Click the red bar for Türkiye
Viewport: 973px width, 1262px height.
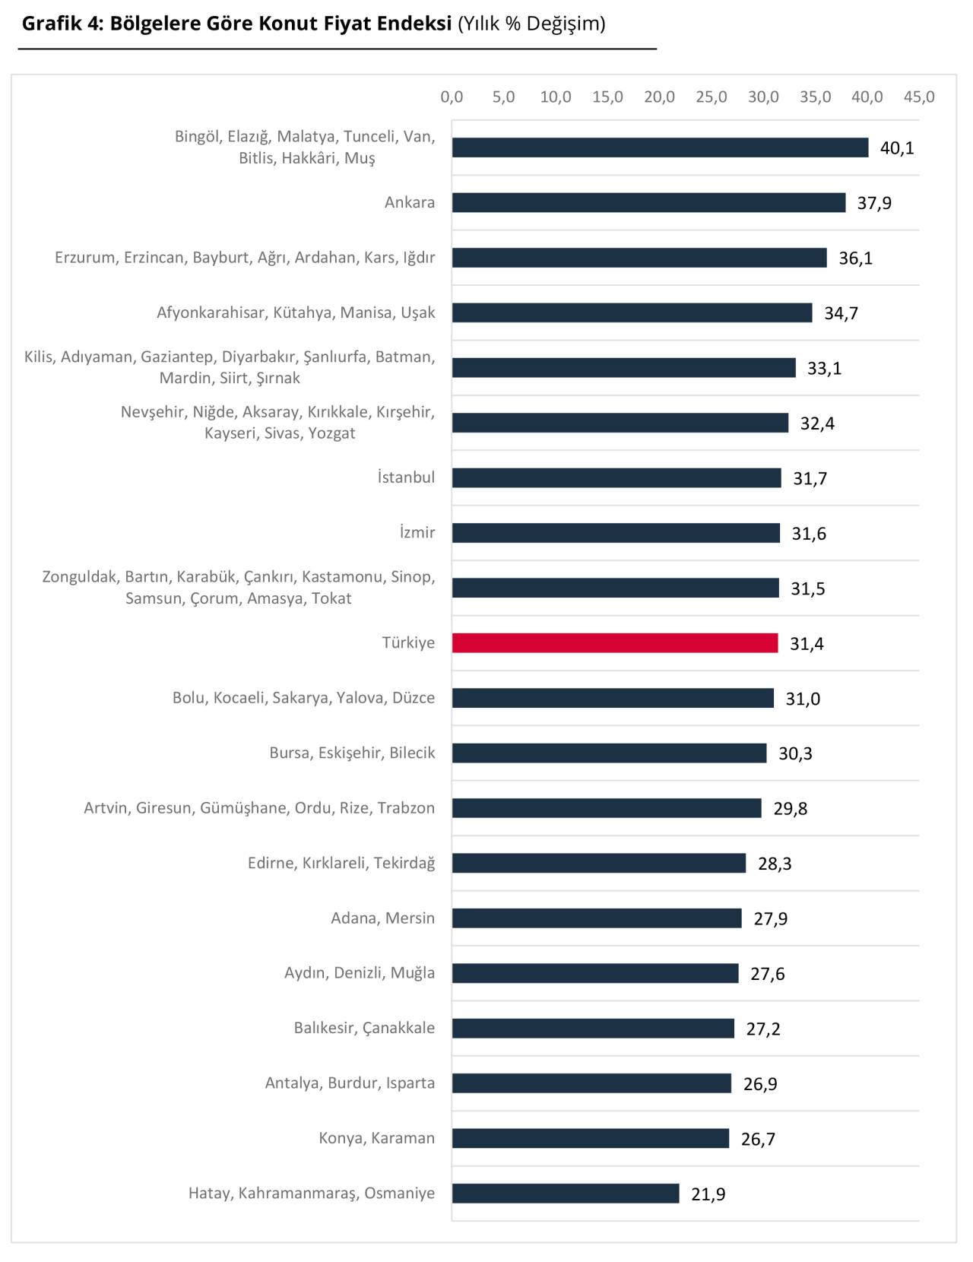point(615,643)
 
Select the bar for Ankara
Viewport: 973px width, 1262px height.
point(648,202)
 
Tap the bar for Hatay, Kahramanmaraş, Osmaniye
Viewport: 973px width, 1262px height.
point(566,1194)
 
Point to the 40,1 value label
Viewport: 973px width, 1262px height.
point(897,148)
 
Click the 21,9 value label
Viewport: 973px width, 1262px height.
point(708,1194)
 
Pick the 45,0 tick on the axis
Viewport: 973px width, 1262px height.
point(919,97)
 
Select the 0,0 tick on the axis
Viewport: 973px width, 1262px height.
point(452,97)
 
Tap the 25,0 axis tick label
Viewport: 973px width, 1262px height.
point(712,97)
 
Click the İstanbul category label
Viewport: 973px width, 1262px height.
point(406,477)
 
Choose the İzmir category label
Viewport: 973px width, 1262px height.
point(417,532)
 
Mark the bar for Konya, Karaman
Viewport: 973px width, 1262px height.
point(591,1138)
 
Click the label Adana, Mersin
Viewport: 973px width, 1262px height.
point(382,918)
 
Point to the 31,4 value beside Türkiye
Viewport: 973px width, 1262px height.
point(807,644)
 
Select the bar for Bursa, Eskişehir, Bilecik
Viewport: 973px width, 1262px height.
point(609,753)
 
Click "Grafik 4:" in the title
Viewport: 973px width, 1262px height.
point(62,24)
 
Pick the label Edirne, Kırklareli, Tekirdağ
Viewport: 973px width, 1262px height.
point(341,863)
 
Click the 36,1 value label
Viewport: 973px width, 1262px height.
point(855,258)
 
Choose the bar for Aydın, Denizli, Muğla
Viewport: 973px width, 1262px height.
point(595,973)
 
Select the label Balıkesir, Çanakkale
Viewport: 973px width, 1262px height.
point(364,1028)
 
